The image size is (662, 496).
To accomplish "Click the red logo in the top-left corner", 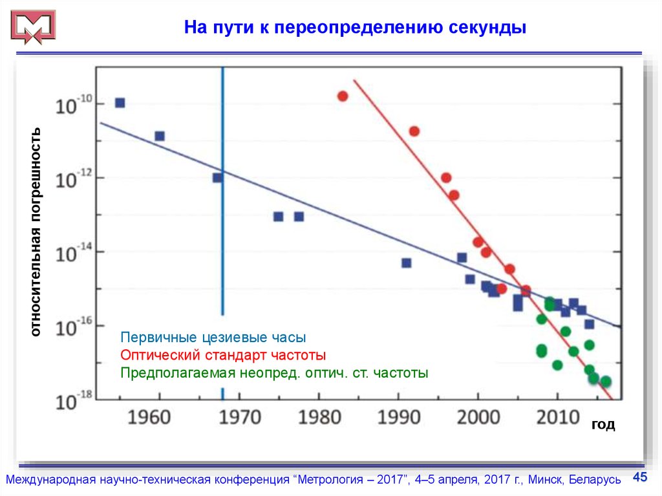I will pyautogui.click(x=33, y=28).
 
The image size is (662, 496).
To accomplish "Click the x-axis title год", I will pyautogui.click(x=603, y=424).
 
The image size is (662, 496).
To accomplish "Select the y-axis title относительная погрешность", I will pyautogui.click(x=36, y=232).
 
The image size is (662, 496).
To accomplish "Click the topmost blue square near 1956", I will pyautogui.click(x=120, y=103).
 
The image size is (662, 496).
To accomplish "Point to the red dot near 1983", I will pyautogui.click(x=343, y=96).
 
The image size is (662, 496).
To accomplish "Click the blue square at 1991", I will pyautogui.click(x=406, y=263).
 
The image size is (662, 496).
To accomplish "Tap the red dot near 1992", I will pyautogui.click(x=414, y=131).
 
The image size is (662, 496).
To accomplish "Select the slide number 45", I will pyautogui.click(x=639, y=477).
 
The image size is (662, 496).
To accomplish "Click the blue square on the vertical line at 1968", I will pyautogui.click(x=218, y=178).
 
